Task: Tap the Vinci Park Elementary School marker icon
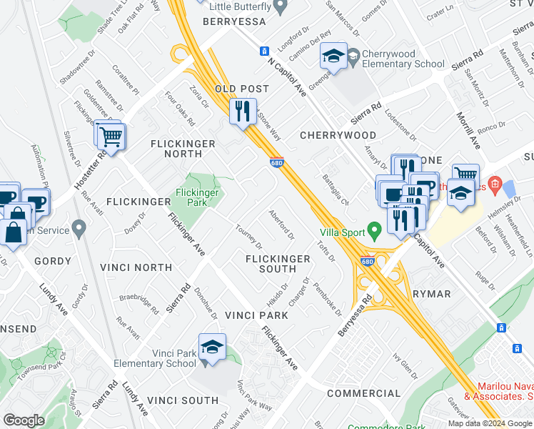coord(213,347)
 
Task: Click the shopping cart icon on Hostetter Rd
coord(111,136)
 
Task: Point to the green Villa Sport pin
coord(373,231)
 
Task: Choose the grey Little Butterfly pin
coord(281,6)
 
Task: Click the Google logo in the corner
coord(24,420)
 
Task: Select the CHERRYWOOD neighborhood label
coord(338,135)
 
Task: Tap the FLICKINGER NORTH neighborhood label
coord(183,149)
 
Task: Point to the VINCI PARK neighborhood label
coord(256,315)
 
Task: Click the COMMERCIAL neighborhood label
coord(364,393)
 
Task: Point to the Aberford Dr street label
coord(281,224)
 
